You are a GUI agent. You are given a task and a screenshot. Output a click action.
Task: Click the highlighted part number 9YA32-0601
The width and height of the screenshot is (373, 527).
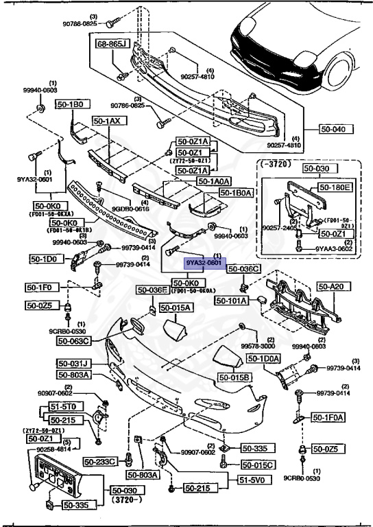point(203,263)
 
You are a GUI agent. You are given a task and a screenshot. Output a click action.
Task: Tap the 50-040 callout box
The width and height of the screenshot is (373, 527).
point(334,128)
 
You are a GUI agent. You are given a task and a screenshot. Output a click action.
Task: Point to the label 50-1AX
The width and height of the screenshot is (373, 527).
point(106,121)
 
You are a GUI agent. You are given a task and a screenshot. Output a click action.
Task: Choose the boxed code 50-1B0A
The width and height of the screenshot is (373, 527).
point(237,194)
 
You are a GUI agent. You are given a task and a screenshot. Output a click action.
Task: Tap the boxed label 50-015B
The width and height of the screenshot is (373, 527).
point(235,377)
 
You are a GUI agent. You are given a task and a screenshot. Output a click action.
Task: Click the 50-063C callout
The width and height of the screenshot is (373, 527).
point(75,340)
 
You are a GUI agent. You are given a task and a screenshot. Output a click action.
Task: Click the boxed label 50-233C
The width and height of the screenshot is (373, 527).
point(102,461)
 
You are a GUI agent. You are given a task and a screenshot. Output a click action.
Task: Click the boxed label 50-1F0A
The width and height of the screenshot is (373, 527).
point(328,417)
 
